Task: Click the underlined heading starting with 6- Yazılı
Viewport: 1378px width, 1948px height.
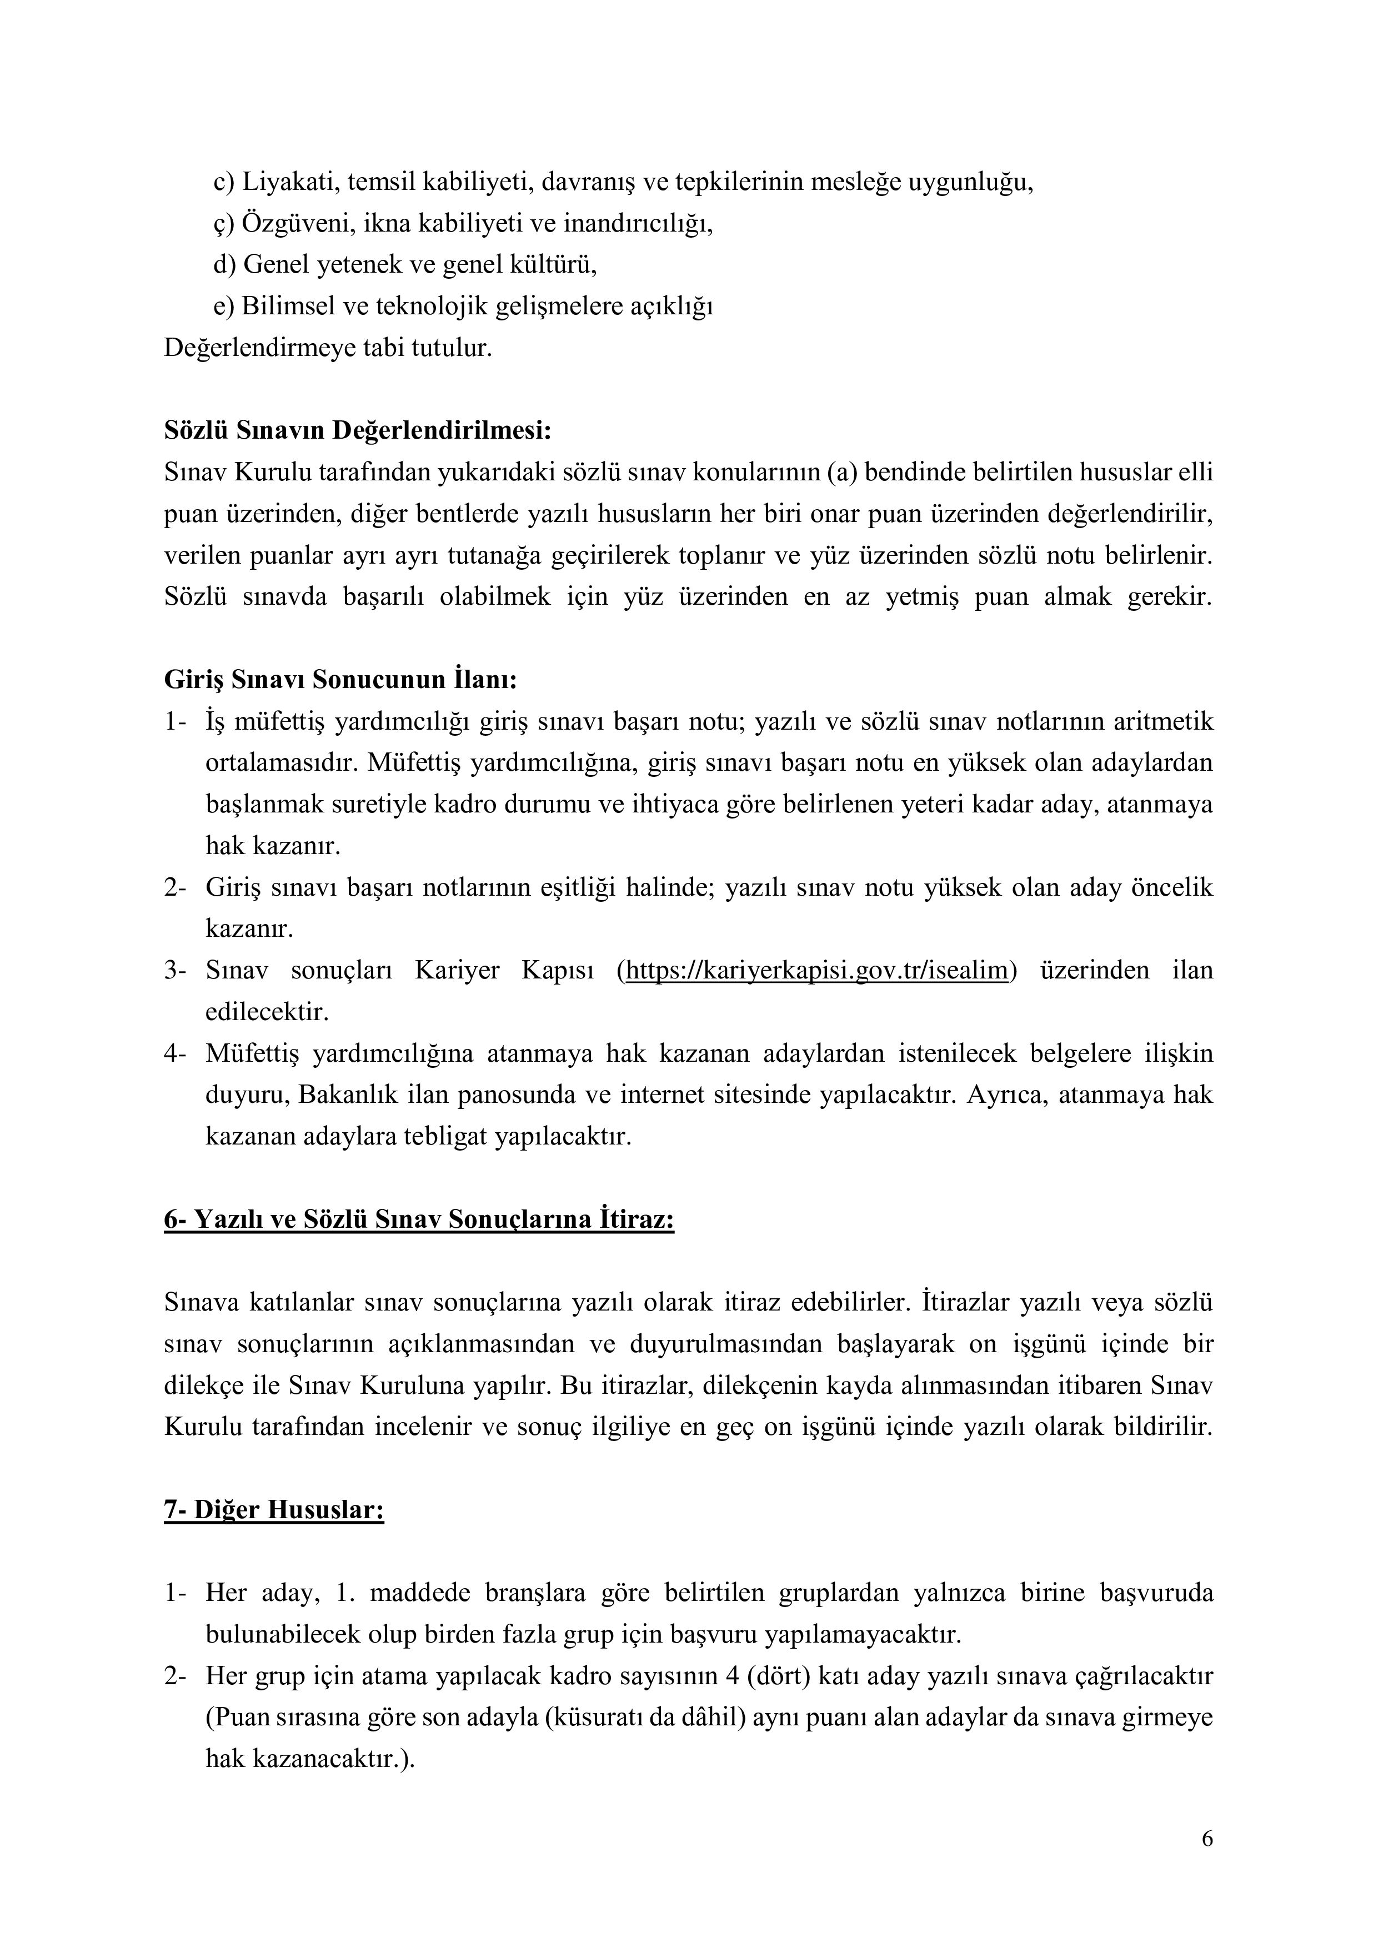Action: tap(419, 1219)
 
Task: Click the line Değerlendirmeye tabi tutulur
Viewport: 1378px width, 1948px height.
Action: tap(328, 348)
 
